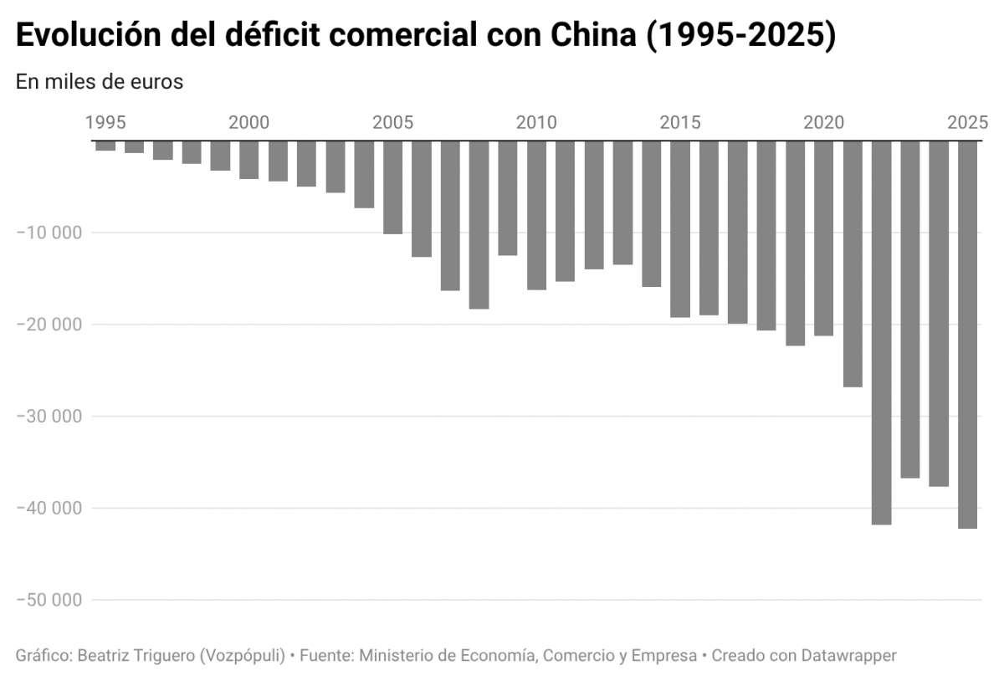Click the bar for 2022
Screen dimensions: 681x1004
(881, 332)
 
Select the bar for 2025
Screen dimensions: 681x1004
(967, 335)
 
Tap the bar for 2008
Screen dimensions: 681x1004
(479, 224)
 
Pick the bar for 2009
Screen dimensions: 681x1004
(507, 197)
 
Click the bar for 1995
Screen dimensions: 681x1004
(105, 146)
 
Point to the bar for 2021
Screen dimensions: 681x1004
(853, 264)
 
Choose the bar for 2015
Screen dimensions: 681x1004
(680, 228)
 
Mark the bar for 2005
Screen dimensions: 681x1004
(392, 187)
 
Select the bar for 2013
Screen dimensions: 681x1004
(622, 202)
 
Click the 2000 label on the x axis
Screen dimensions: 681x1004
(249, 123)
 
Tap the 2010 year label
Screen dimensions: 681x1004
(536, 123)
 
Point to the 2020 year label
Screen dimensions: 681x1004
(824, 123)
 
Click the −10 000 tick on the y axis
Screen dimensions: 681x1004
(49, 233)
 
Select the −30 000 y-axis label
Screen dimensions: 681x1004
(49, 417)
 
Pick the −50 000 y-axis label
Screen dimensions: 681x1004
(49, 601)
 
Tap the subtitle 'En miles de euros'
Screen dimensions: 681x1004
(99, 82)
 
